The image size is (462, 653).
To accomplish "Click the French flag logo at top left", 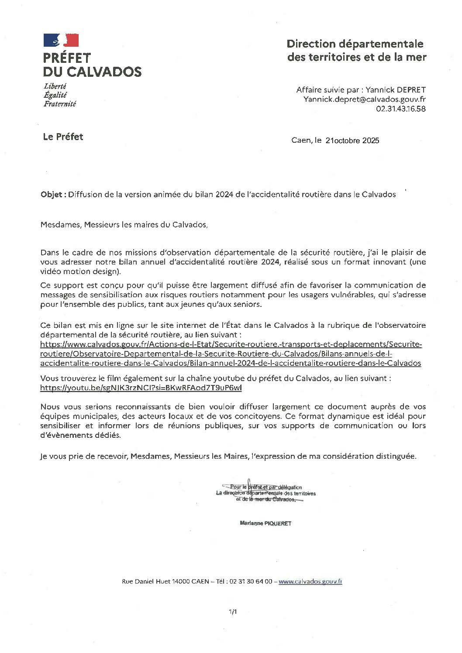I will coord(61,40).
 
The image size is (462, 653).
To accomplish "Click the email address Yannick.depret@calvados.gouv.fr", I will coord(365,100).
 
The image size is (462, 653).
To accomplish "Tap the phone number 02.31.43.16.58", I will coord(400,109).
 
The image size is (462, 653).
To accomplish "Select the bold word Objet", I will coord(52,195).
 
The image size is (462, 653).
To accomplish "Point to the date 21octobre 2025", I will coord(352,141).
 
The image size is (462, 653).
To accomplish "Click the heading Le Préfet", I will coord(63,137).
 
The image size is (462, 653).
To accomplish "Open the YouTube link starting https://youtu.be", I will coord(141,388).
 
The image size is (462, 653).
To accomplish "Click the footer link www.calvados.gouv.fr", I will coord(310,581).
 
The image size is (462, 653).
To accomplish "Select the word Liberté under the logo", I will coord(55,86).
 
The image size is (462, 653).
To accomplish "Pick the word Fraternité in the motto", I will coord(60,104).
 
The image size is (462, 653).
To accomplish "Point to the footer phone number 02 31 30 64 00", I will coord(251,581).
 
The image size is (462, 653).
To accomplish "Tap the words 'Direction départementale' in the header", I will coord(355,44).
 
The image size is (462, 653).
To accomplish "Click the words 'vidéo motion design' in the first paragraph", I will coord(80,272).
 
